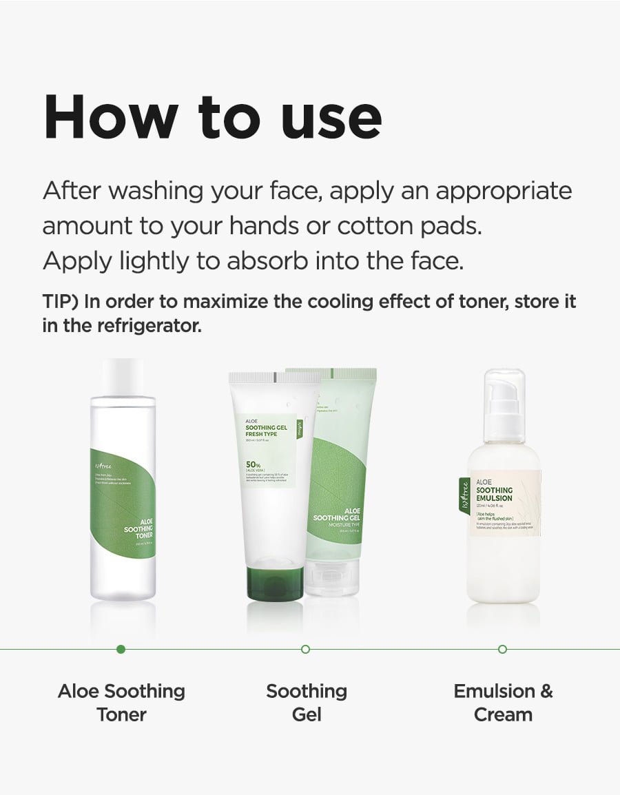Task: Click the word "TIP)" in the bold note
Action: [x=60, y=301]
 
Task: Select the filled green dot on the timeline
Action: [x=121, y=649]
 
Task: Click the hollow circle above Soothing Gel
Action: [x=306, y=649]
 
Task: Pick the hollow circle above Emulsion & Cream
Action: [x=502, y=649]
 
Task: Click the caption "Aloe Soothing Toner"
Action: [x=121, y=702]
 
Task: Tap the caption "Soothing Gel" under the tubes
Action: [x=307, y=702]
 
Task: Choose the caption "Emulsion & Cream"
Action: [x=503, y=702]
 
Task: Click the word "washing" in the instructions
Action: [x=143, y=191]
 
